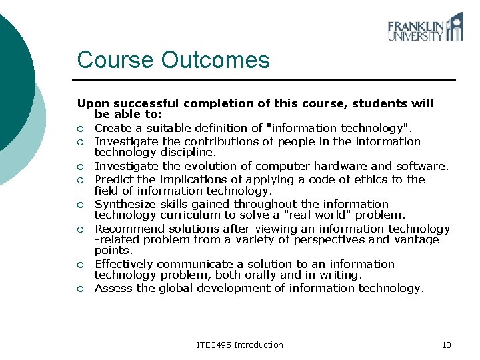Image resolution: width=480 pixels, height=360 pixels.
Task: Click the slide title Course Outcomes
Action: click(173, 60)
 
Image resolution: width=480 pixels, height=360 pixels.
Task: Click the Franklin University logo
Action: click(425, 27)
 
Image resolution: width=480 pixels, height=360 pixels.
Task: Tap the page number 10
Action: click(446, 345)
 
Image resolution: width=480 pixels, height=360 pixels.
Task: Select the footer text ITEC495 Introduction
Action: click(240, 345)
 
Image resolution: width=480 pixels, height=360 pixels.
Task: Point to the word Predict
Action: click(113, 179)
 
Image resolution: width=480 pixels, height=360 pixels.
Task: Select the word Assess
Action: click(113, 288)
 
